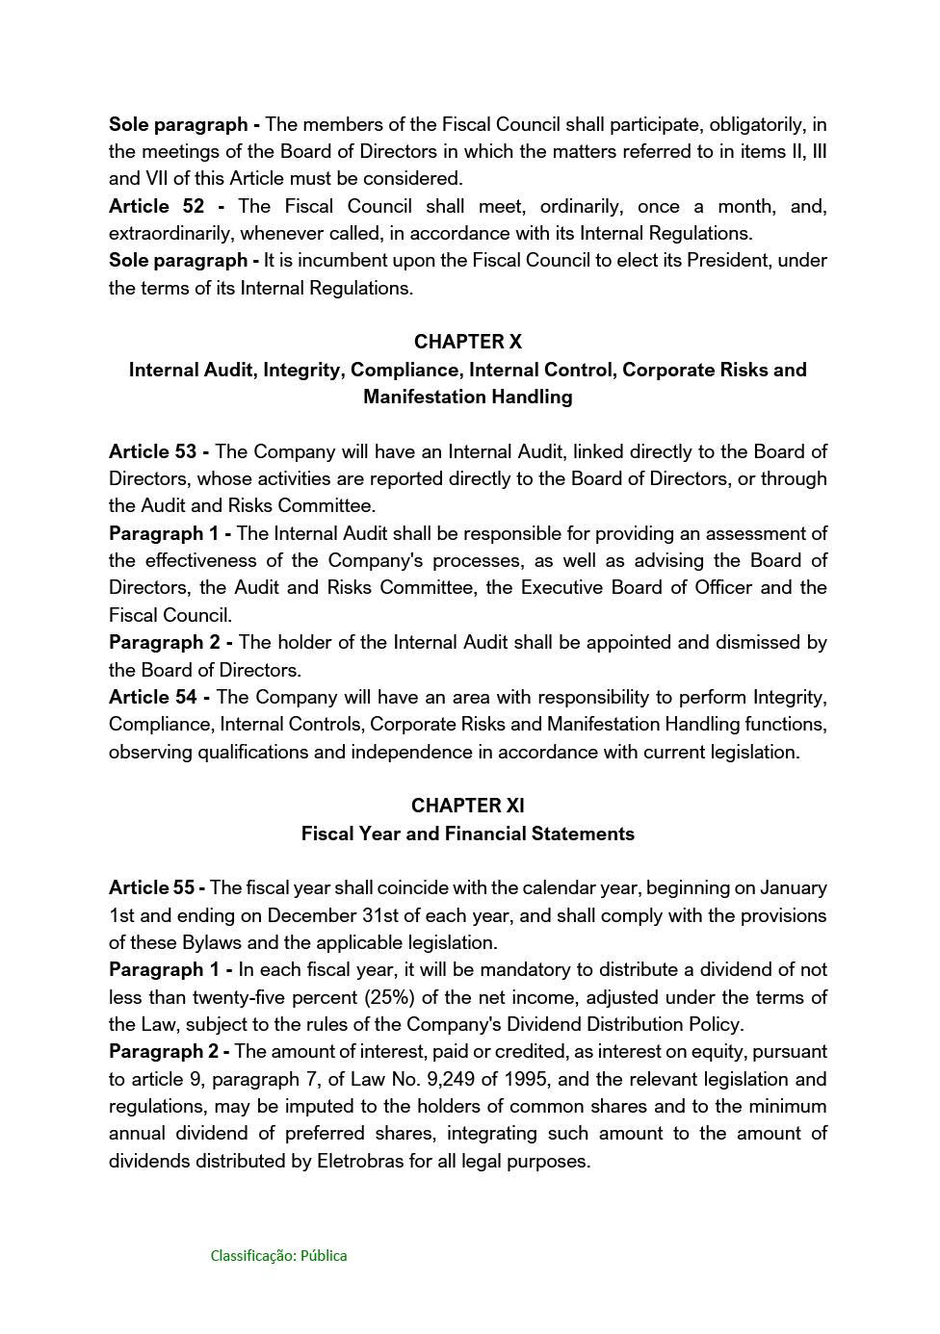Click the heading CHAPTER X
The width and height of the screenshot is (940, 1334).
[467, 342]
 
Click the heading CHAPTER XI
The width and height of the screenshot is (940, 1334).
[467, 806]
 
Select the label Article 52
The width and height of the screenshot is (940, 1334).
[156, 206]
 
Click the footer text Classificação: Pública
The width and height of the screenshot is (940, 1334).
[278, 1255]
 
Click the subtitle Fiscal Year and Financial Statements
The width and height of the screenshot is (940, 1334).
[467, 834]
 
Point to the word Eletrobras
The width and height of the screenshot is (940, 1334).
[359, 1161]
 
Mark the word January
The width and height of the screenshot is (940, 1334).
[793, 887]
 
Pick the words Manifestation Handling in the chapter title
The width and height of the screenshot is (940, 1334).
[467, 397]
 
